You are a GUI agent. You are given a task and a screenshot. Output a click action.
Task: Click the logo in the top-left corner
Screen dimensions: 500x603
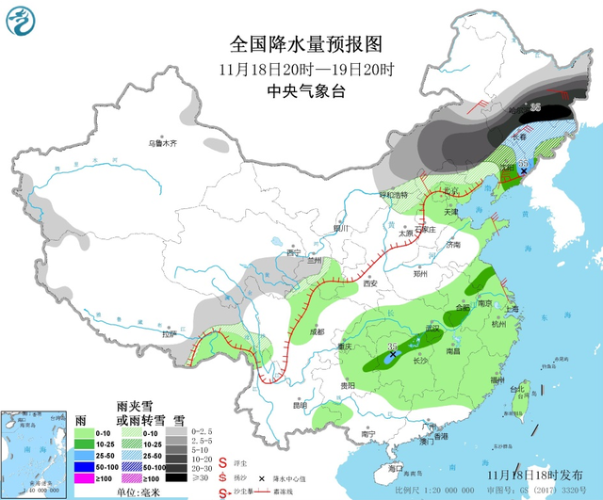pos(21,21)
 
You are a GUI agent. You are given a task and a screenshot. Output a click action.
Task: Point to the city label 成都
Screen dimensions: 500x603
pos(314,331)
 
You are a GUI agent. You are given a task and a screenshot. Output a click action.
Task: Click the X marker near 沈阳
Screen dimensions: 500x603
pos(523,171)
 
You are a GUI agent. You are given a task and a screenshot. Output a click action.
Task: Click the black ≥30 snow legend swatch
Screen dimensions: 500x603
pos(176,477)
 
